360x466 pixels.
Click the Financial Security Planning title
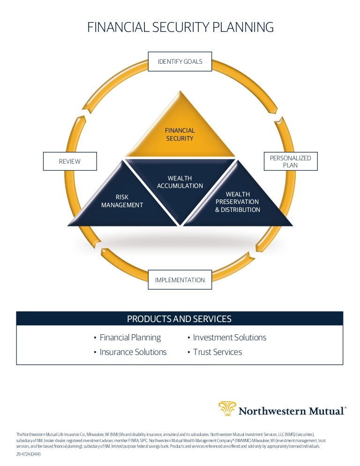(x=180, y=28)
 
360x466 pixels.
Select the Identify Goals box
(x=180, y=61)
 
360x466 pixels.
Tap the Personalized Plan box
(x=291, y=161)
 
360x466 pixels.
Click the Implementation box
(x=180, y=280)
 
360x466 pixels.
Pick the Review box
(x=69, y=161)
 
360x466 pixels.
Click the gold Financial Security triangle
(x=180, y=134)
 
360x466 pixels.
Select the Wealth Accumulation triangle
(x=180, y=185)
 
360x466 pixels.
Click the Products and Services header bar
(x=180, y=319)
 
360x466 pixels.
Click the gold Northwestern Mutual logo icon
(x=227, y=409)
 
